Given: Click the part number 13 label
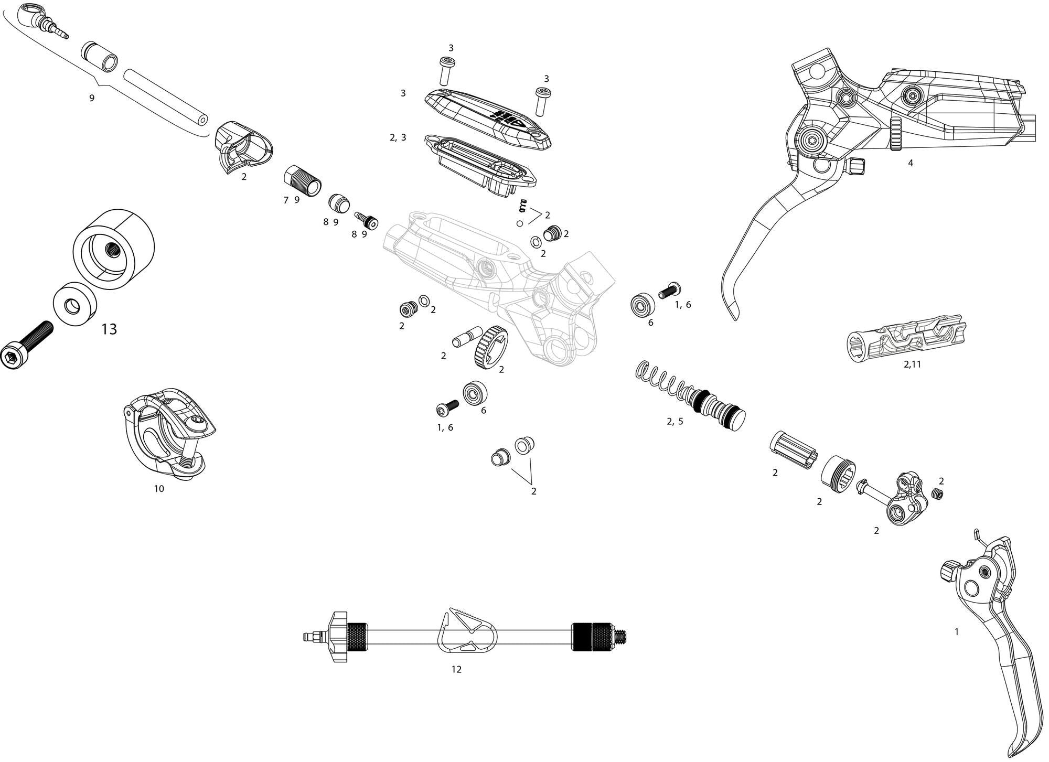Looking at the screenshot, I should [x=109, y=329].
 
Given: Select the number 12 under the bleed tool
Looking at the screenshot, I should [x=456, y=669].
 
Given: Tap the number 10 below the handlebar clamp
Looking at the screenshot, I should [x=159, y=489].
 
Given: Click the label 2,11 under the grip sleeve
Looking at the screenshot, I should [x=912, y=364].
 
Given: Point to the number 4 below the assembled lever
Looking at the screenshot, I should [x=911, y=163].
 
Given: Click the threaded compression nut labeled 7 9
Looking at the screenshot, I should [x=303, y=181].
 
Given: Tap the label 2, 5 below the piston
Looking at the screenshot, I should [x=675, y=421].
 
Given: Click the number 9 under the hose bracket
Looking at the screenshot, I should [x=92, y=98].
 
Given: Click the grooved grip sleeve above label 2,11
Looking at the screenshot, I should [x=907, y=338].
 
